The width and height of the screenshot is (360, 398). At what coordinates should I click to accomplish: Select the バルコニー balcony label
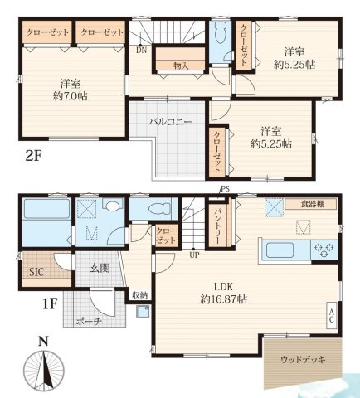(171, 122)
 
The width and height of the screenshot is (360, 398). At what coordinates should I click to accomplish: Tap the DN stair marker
(142, 49)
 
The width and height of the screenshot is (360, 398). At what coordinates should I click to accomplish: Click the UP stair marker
(192, 255)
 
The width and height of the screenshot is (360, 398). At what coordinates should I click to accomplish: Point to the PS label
(224, 190)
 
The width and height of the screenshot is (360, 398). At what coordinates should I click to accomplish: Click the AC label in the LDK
(332, 314)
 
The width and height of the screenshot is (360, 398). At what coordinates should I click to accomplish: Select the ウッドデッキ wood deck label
(303, 360)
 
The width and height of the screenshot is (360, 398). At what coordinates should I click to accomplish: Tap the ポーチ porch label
(89, 321)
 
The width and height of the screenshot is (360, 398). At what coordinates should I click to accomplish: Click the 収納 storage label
(140, 294)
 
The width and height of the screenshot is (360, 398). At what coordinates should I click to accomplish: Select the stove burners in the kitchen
(322, 247)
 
